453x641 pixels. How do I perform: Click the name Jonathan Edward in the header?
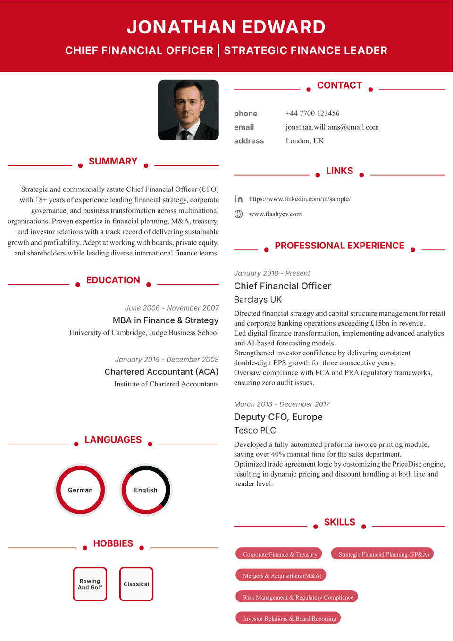tap(226, 27)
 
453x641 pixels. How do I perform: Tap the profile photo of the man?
tap(188, 110)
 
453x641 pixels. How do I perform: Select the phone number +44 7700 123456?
tap(312, 113)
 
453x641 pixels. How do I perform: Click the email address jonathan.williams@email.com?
tap(332, 127)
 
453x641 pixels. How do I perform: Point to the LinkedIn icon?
tap(239, 199)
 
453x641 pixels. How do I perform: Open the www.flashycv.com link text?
tap(275, 214)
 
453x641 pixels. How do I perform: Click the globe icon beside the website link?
tap(239, 214)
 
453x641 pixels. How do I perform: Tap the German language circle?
tap(80, 490)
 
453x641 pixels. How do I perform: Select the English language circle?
tap(146, 490)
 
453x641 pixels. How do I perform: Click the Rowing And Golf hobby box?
tap(90, 584)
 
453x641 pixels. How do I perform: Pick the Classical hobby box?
tap(136, 584)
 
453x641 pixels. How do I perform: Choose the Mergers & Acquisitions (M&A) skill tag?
tap(282, 575)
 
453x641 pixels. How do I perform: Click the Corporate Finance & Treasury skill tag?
tap(279, 554)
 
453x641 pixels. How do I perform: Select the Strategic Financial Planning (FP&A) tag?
tap(383, 554)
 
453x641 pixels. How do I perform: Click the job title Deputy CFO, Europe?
tap(278, 417)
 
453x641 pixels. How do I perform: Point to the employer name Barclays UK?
tap(258, 299)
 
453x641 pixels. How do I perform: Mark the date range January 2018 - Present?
tap(272, 273)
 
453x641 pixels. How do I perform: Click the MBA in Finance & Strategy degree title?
tap(166, 320)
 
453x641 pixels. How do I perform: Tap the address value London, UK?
tap(305, 140)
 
